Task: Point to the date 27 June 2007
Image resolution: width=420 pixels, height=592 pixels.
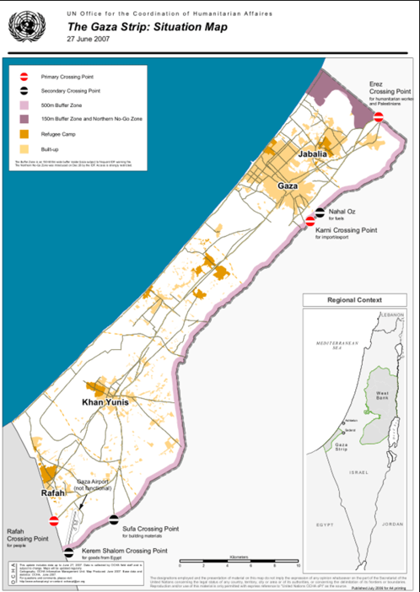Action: (91, 40)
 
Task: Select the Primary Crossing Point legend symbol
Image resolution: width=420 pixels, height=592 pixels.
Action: (24, 76)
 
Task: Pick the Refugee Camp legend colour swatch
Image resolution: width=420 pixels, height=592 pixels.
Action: (24, 132)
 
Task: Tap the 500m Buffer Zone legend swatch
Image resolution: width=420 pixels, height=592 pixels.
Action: (24, 104)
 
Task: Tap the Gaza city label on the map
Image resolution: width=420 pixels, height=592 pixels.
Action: (285, 185)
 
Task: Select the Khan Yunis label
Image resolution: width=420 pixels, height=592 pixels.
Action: (105, 403)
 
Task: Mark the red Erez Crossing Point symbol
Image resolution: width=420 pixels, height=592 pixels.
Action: (380, 117)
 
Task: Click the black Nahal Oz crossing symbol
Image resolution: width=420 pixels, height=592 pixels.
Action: (320, 213)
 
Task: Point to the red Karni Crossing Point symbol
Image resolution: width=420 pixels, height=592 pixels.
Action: (311, 221)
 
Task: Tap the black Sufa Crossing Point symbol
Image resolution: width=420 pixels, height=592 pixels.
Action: (113, 520)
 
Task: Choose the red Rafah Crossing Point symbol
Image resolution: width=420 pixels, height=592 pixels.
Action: (54, 521)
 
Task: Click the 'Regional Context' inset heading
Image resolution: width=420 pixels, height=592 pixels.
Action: (354, 300)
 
